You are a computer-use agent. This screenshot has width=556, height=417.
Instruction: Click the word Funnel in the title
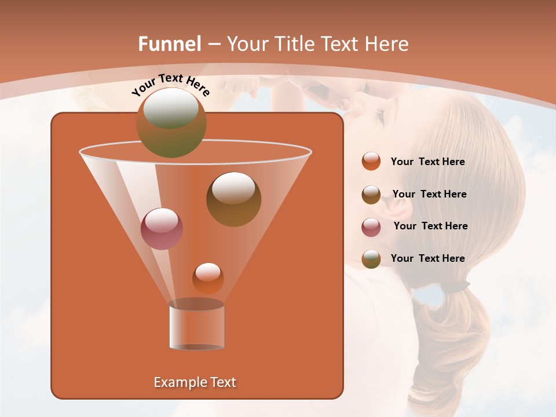(170, 44)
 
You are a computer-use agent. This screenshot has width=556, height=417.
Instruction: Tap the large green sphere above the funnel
(171, 122)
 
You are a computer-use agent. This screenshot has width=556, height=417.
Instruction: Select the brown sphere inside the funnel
(233, 199)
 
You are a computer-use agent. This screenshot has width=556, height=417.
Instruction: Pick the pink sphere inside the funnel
(162, 228)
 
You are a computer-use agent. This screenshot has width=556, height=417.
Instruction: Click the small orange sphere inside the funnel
(208, 278)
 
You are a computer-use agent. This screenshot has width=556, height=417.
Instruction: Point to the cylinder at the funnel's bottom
(196, 327)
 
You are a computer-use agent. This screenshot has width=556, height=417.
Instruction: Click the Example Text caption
(195, 382)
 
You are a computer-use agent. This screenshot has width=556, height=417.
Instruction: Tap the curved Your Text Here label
(170, 85)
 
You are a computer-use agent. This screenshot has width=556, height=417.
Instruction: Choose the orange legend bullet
(371, 162)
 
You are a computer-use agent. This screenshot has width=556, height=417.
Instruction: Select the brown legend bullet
(371, 195)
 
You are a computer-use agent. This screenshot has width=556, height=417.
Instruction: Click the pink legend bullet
(371, 227)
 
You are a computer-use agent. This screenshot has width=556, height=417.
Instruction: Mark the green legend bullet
(371, 259)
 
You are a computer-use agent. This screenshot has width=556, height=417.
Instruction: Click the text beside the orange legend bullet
(427, 162)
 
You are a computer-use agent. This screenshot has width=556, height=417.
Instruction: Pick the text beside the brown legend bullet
(429, 194)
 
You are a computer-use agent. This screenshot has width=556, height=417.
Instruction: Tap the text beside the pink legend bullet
(430, 226)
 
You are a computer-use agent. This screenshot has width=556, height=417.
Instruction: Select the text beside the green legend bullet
(427, 258)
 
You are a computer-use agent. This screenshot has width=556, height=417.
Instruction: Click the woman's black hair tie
(459, 286)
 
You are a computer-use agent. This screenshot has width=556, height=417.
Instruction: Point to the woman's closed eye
(379, 116)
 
